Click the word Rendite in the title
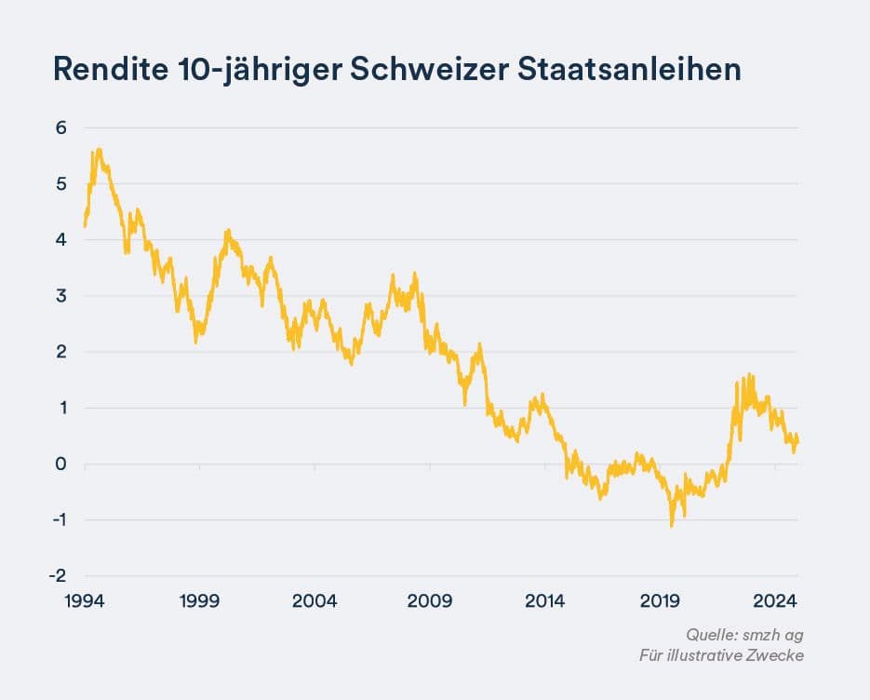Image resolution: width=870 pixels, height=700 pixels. point(111,70)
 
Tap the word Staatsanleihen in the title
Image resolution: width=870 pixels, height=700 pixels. point(629,70)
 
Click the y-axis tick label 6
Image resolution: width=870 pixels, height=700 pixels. point(61,128)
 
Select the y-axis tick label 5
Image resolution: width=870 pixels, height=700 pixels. point(61,183)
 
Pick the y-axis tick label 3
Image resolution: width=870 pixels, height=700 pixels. point(61,296)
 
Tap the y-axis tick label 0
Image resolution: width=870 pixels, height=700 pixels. point(61,464)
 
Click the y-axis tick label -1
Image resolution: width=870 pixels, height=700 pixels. point(60,519)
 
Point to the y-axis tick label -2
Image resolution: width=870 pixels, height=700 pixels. point(59,575)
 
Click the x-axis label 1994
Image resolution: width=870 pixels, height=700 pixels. point(85,601)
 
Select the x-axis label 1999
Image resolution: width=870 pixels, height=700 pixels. point(200,601)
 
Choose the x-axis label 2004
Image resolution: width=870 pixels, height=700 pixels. point(315,601)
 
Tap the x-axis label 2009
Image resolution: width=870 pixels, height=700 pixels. point(430,601)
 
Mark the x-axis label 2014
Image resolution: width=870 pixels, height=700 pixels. point(545,601)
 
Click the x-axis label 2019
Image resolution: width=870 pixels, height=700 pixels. point(660,601)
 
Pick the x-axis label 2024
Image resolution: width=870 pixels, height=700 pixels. point(775,601)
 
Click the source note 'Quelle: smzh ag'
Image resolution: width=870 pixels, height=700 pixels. point(744,635)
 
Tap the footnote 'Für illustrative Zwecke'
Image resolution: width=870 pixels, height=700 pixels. point(721,655)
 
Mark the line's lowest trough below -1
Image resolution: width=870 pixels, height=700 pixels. point(672,526)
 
